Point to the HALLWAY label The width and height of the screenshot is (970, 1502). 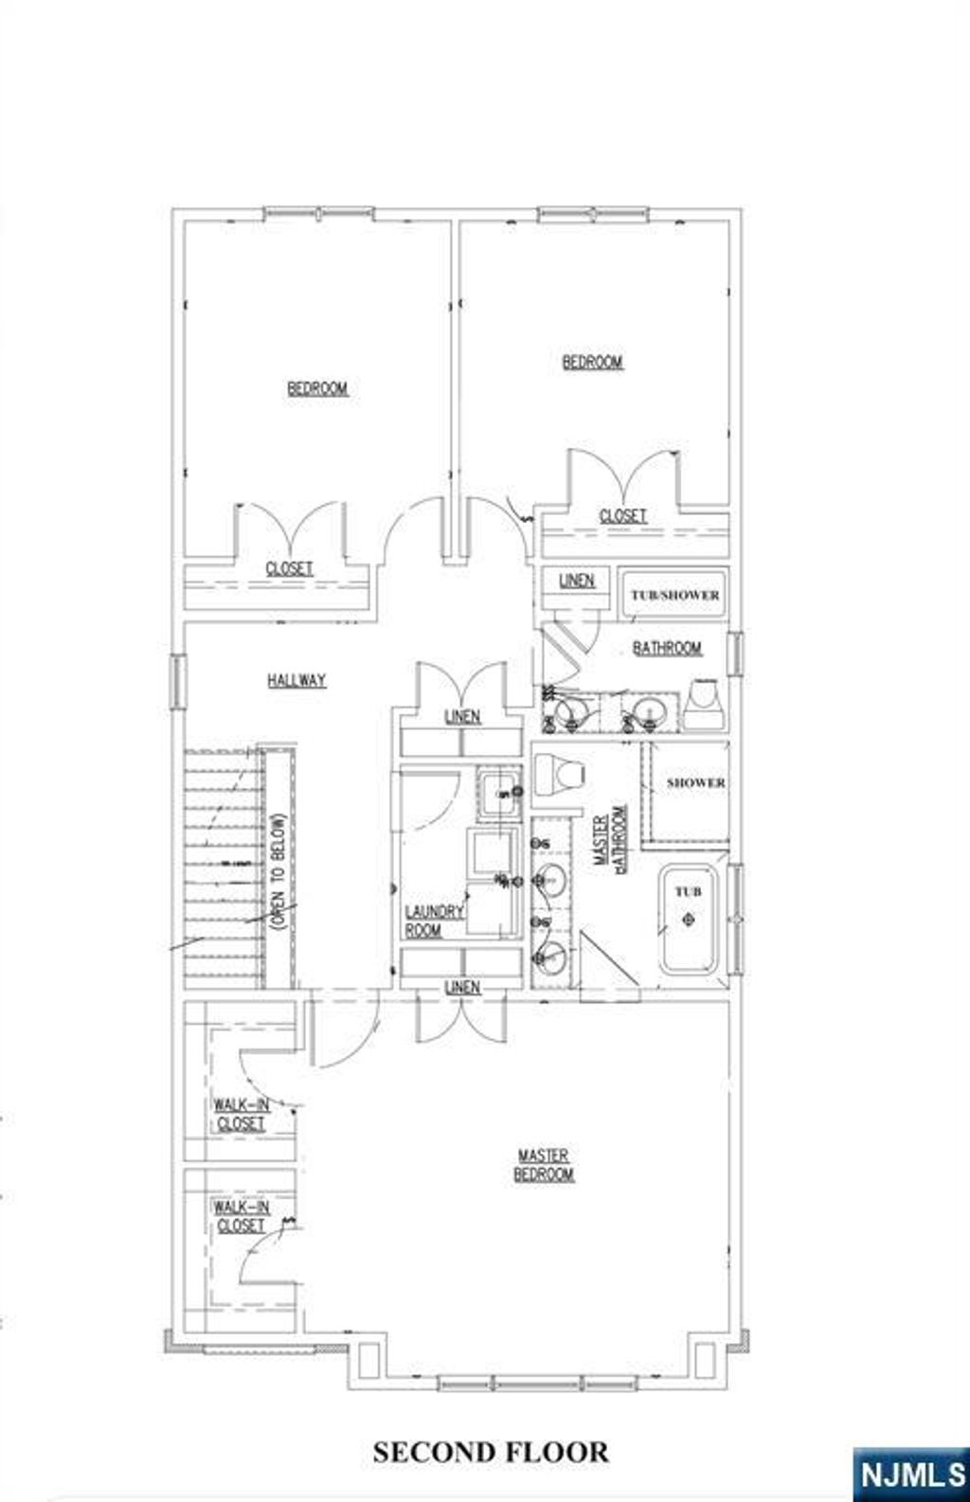[x=296, y=680]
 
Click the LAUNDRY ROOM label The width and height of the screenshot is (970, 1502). [x=434, y=921]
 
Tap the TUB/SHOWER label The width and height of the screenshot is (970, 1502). [x=674, y=596]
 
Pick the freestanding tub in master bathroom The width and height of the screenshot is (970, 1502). [x=689, y=920]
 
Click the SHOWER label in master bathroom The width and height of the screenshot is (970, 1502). [x=695, y=782]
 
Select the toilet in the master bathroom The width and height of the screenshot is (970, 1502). [x=560, y=775]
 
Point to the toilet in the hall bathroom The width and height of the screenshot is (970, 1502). [x=705, y=703]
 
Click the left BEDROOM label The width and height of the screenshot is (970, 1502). [x=317, y=388]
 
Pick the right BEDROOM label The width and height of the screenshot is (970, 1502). [x=592, y=362]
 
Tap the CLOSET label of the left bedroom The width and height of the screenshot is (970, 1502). [x=289, y=568]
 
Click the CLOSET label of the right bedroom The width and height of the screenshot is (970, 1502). [x=623, y=515]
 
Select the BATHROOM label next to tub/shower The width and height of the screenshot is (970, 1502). [x=668, y=648]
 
